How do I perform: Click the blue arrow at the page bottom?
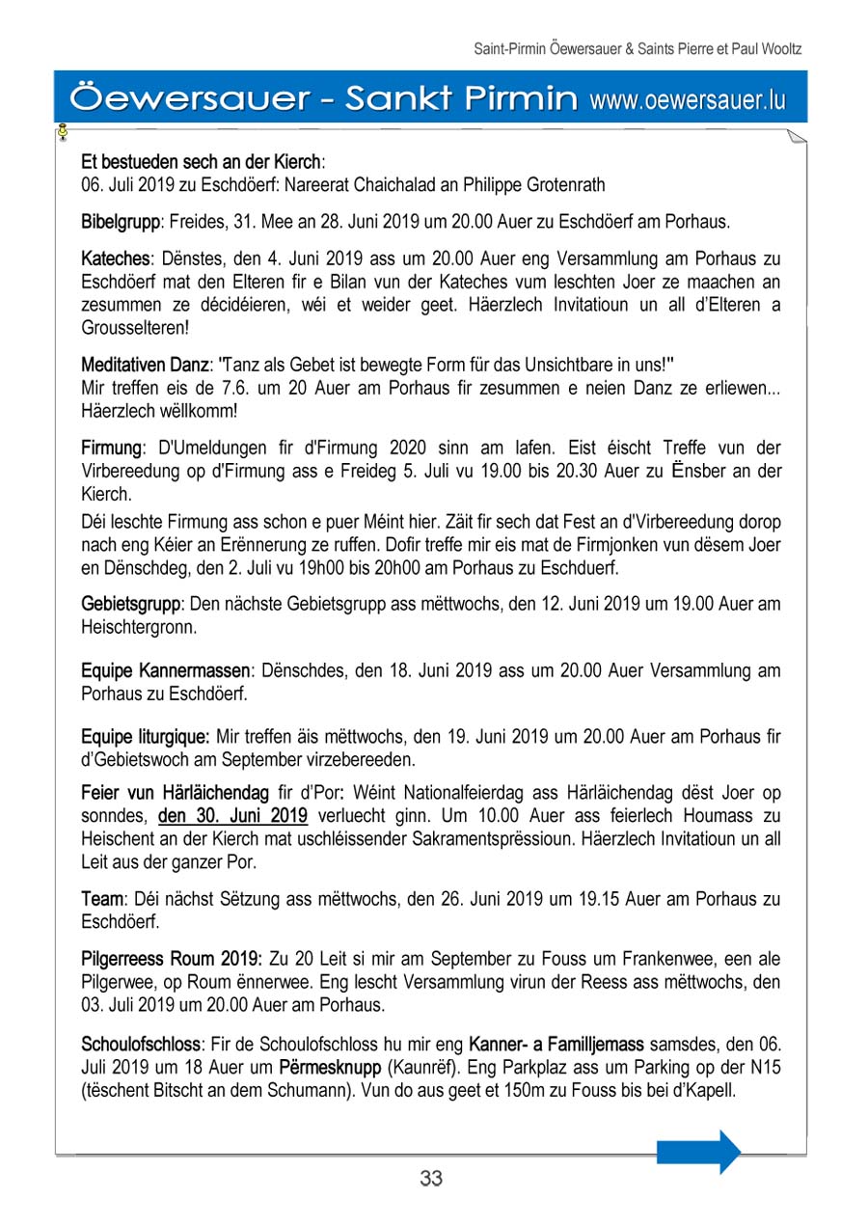tap(698, 1152)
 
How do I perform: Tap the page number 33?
tap(431, 1179)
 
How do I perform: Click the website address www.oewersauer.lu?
tap(687, 99)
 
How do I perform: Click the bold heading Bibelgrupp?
tap(121, 222)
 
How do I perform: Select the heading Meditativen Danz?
tap(146, 366)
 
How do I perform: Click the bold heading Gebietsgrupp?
tap(131, 605)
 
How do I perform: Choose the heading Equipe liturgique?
tap(146, 737)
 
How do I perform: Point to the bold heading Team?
tap(101, 899)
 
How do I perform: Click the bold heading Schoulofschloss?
tap(142, 1046)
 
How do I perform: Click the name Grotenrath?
tap(553, 184)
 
